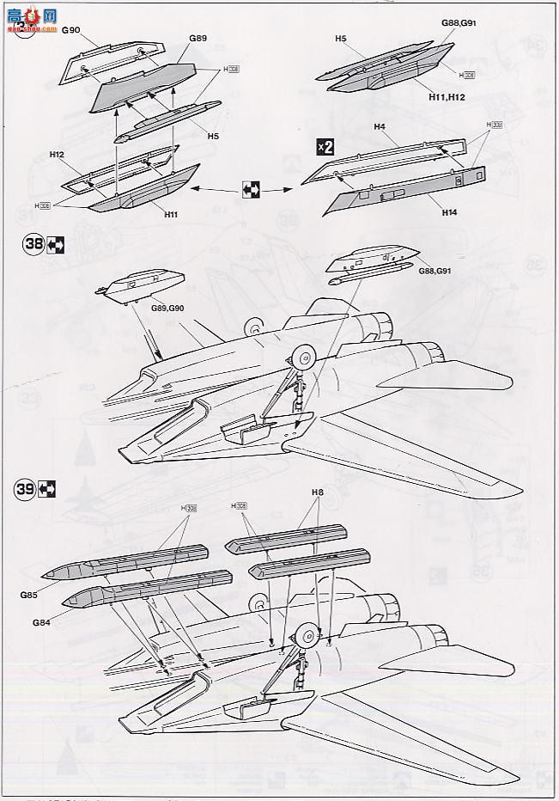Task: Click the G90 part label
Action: tap(70, 30)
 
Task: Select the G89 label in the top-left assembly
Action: tap(198, 39)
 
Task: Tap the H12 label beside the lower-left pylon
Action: tap(57, 155)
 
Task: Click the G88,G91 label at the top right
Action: tap(459, 23)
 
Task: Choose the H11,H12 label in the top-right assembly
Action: tap(447, 98)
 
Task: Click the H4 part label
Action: tap(380, 127)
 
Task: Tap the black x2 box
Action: tap(325, 146)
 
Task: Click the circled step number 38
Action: tap(34, 243)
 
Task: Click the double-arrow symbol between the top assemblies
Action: tap(252, 188)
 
